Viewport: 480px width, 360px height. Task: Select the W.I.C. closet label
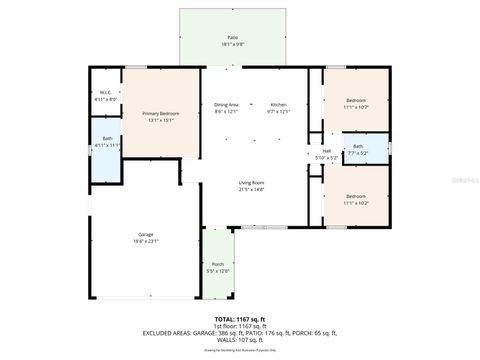[105, 93]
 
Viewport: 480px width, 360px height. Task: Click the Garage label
[145, 235]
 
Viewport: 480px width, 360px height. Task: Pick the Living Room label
[251, 182]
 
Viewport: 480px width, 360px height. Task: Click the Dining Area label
[226, 104]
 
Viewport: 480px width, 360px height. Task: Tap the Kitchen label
[279, 104]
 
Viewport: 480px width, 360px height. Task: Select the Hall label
[326, 150]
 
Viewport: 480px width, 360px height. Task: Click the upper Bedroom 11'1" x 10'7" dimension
[357, 106]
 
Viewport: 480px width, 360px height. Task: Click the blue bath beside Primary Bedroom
[106, 142]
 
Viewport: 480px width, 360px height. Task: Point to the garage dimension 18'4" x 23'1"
[145, 241]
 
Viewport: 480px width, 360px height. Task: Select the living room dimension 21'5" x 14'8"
[251, 188]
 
